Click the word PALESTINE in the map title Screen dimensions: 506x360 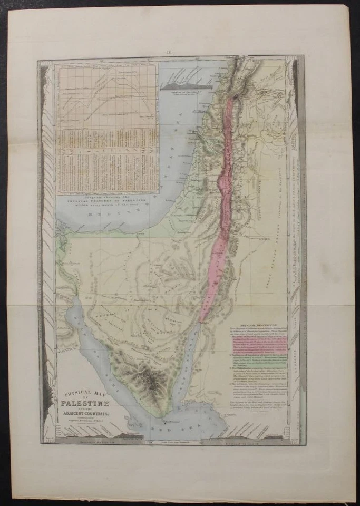tap(85, 404)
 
